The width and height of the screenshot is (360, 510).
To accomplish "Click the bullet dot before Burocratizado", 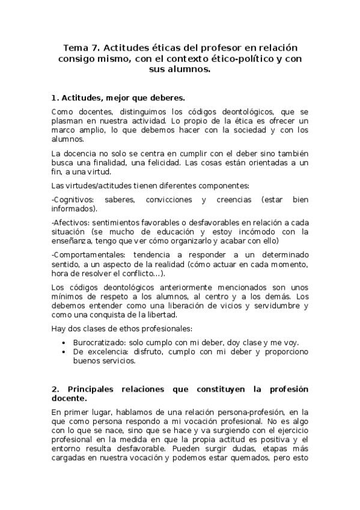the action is (65, 342).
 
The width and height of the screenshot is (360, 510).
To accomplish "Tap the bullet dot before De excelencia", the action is (65, 351).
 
